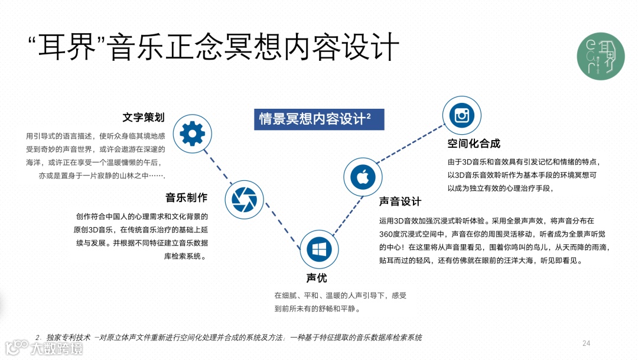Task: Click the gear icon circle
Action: click(x=192, y=134)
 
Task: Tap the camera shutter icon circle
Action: click(x=243, y=199)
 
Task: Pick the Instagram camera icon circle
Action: click(x=461, y=115)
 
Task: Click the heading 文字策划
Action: click(x=144, y=116)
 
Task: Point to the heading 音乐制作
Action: click(x=186, y=197)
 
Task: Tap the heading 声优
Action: click(x=316, y=278)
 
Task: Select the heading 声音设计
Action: click(x=400, y=202)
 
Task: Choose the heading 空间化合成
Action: click(x=474, y=143)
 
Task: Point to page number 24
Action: click(x=586, y=343)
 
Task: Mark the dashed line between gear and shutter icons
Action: click(x=217, y=166)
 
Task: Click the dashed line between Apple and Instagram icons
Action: click(x=410, y=145)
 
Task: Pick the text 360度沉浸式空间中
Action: click(x=416, y=233)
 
